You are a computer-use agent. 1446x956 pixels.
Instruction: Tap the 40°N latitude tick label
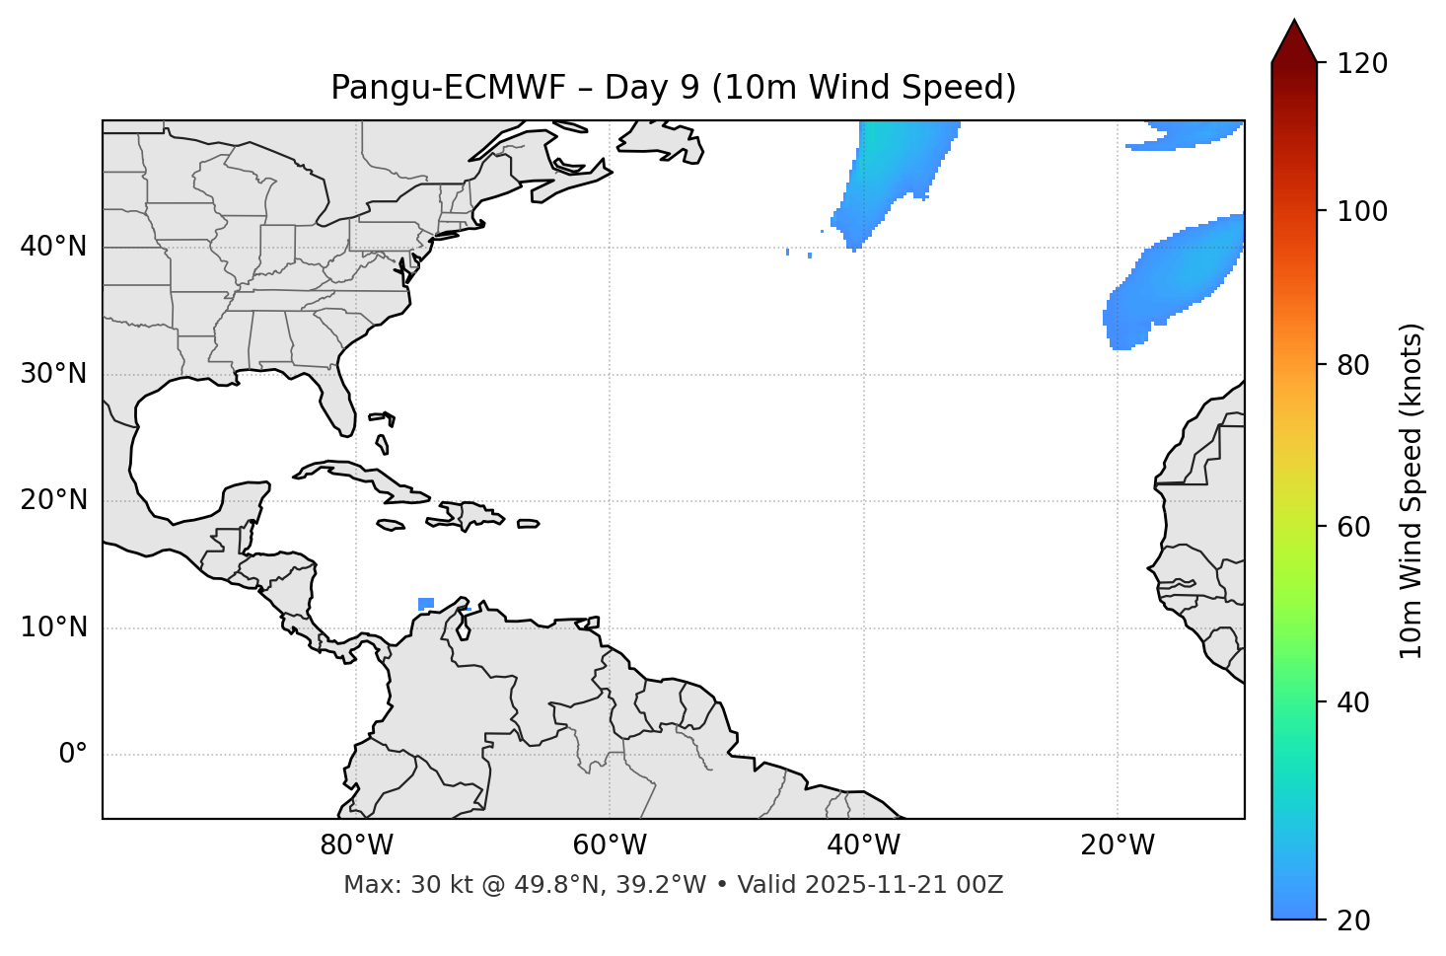coord(53,247)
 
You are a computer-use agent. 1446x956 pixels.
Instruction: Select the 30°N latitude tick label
coord(53,374)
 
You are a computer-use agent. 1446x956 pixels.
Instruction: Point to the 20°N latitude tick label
coord(53,500)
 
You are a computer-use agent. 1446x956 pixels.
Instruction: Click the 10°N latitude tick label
coord(53,627)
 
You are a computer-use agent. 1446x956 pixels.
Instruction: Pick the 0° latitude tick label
coord(73,755)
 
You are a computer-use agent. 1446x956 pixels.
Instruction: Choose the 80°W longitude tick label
coord(356,846)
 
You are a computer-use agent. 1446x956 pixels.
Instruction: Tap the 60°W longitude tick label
coord(610,846)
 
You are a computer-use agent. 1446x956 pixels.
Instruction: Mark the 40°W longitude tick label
coord(863,846)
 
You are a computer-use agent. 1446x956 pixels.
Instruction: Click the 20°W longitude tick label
coord(1117,846)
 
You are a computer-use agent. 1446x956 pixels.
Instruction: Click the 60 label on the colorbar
coord(1352,527)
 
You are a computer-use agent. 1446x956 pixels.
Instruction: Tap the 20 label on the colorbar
coord(1352,920)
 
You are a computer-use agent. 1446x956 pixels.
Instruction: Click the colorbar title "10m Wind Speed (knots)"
coord(1411,490)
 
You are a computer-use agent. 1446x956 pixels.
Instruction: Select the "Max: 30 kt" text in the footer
coord(394,885)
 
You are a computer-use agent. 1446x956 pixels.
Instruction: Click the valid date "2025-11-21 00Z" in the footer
coord(904,885)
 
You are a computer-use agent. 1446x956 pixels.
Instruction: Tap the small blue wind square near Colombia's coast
coord(426,604)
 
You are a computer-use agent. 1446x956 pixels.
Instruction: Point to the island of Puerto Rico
coord(529,524)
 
